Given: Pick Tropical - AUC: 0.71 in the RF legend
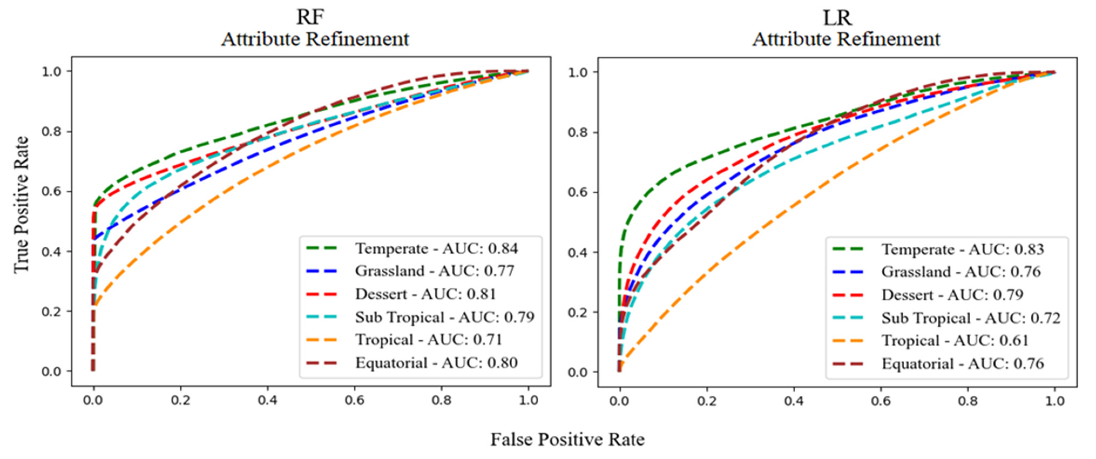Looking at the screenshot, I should tap(428, 339).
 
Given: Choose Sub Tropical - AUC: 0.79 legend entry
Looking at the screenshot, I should tap(445, 317).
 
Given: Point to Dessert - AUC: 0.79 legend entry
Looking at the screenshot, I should tap(952, 295).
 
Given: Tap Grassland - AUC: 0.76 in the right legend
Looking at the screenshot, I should tap(961, 272).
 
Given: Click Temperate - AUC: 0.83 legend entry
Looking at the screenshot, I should tap(962, 249).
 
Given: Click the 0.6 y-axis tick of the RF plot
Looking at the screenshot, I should tap(51, 191).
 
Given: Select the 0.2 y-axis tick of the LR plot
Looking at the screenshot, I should tap(578, 312).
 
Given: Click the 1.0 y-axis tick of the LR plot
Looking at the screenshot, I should tap(578, 72).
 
